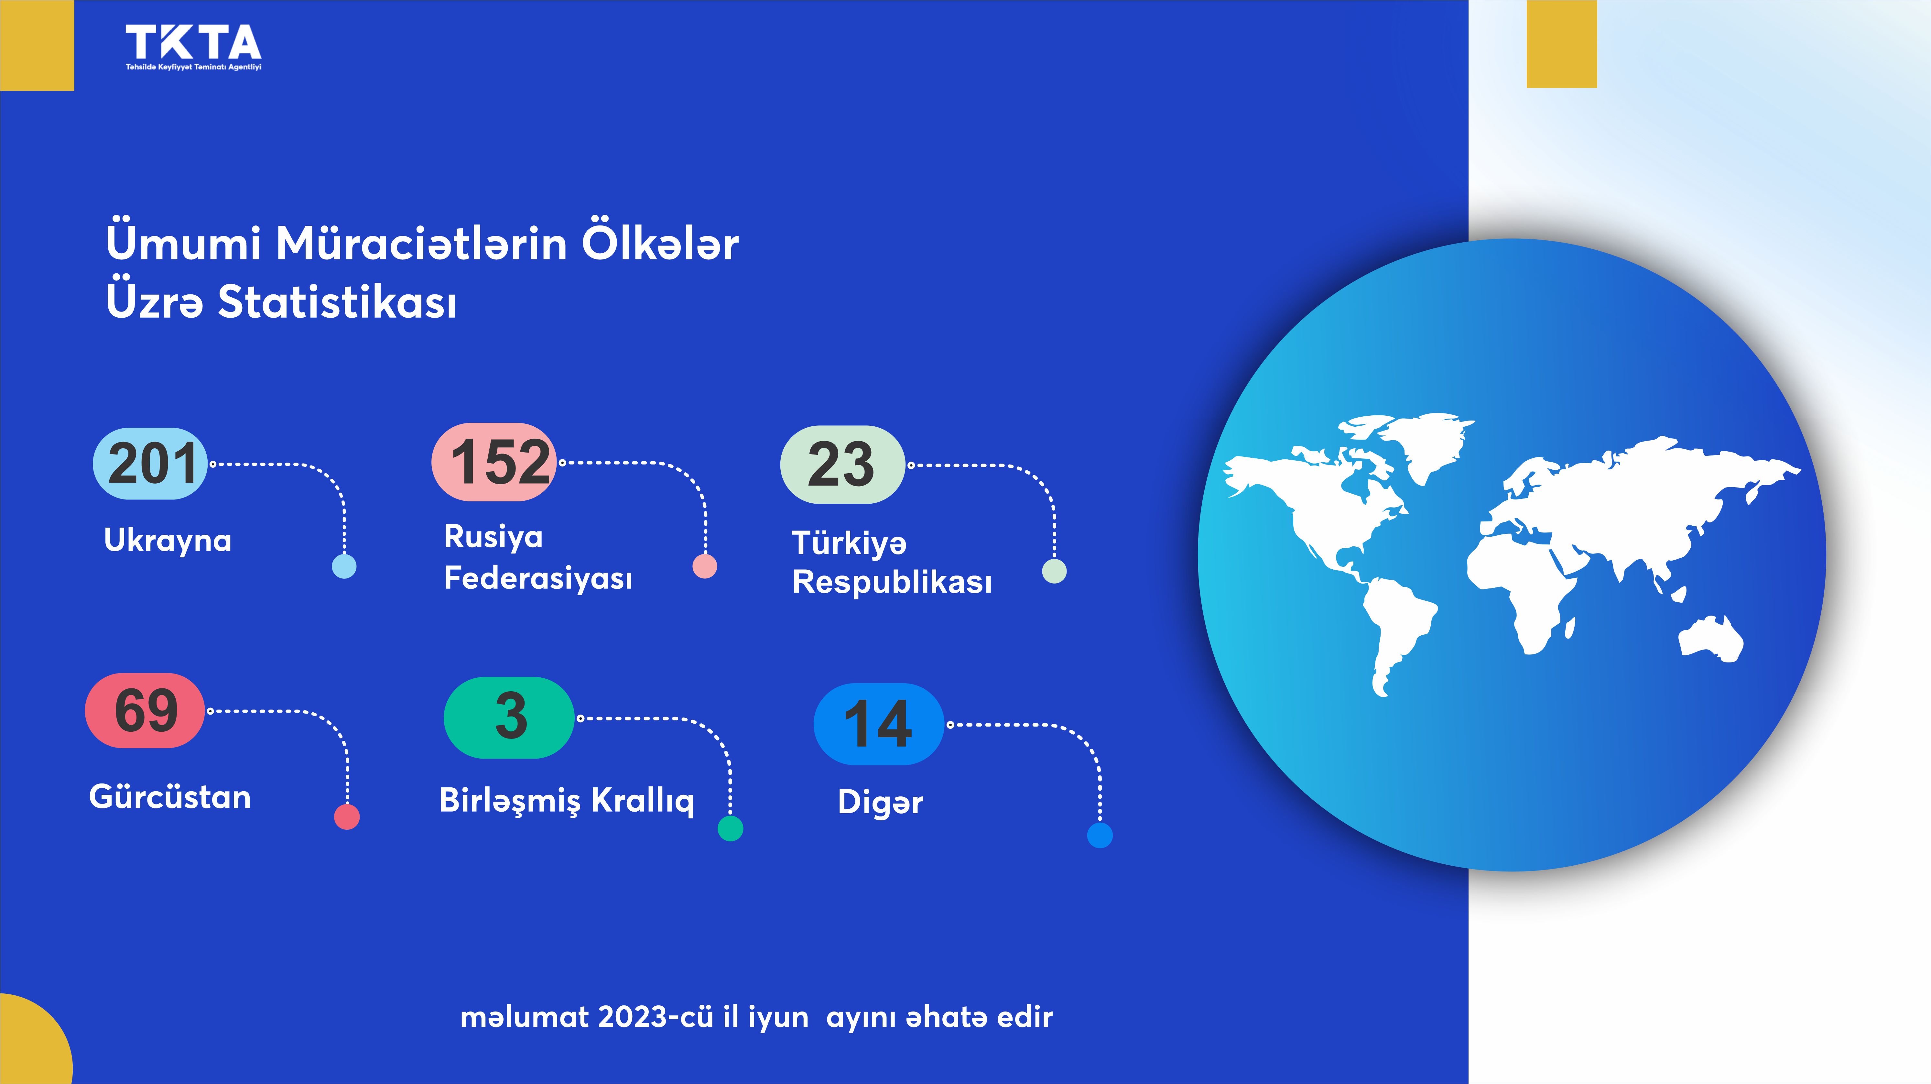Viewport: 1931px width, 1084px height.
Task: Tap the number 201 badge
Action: pos(150,463)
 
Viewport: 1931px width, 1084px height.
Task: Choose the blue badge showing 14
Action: pos(879,724)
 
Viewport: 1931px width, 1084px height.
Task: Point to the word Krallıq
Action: pos(642,801)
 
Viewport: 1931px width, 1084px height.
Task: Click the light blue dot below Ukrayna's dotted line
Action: pos(344,566)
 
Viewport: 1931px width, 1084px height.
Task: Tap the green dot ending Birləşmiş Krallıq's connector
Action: pos(730,828)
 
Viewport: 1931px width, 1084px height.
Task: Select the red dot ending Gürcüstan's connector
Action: pos(346,816)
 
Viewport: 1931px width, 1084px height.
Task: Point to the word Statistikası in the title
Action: pos(337,302)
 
